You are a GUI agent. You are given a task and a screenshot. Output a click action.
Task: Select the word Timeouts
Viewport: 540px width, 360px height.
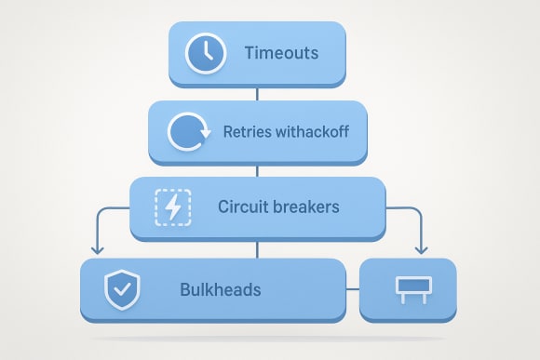pyautogui.click(x=281, y=53)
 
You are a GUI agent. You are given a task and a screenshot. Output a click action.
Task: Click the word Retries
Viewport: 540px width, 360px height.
pyautogui.click(x=245, y=131)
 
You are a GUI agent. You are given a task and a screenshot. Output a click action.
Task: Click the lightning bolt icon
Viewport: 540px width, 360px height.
pyautogui.click(x=172, y=207)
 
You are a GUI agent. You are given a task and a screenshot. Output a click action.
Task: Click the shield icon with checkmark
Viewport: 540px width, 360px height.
pyautogui.click(x=121, y=289)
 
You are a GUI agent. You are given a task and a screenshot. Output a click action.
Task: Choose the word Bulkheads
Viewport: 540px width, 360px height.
pyautogui.click(x=220, y=289)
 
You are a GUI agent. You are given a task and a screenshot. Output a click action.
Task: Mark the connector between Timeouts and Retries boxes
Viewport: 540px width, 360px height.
pyautogui.click(x=257, y=94)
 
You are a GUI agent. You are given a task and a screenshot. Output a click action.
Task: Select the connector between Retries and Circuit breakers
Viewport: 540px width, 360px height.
pyautogui.click(x=257, y=169)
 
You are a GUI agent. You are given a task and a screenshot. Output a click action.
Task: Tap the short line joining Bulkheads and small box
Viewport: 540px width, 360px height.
pyautogui.click(x=352, y=289)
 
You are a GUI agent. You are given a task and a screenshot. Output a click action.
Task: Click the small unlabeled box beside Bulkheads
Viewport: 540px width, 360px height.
pyautogui.click(x=408, y=289)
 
